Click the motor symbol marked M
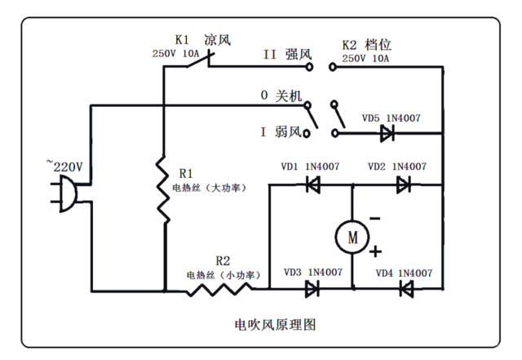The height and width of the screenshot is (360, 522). point(352,237)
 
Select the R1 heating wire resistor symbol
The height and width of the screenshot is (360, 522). point(163,189)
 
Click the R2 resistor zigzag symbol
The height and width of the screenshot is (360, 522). point(219,288)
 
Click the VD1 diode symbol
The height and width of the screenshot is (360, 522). point(311,184)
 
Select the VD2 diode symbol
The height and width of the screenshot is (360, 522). point(402,184)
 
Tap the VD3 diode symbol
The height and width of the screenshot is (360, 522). point(311,288)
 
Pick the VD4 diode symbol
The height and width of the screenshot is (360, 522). point(405,288)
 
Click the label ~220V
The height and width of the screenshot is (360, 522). point(64,166)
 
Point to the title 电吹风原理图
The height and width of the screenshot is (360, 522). point(269,324)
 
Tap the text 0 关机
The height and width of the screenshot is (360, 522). point(281,96)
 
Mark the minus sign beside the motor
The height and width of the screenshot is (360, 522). point(374,218)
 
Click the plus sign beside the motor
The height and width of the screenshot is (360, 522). point(376,251)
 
